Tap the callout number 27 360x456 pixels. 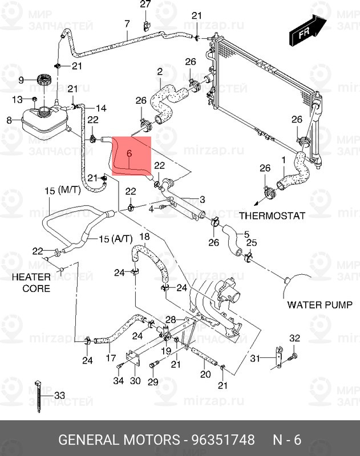[145, 5]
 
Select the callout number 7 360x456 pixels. [127, 23]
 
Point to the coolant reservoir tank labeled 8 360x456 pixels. [43, 120]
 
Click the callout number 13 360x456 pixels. [18, 100]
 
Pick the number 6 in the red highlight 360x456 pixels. [129, 153]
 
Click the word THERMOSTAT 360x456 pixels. [272, 216]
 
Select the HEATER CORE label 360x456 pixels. [36, 283]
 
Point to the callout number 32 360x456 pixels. [294, 339]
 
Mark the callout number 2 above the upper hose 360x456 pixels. [160, 72]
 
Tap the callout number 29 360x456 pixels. [153, 381]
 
